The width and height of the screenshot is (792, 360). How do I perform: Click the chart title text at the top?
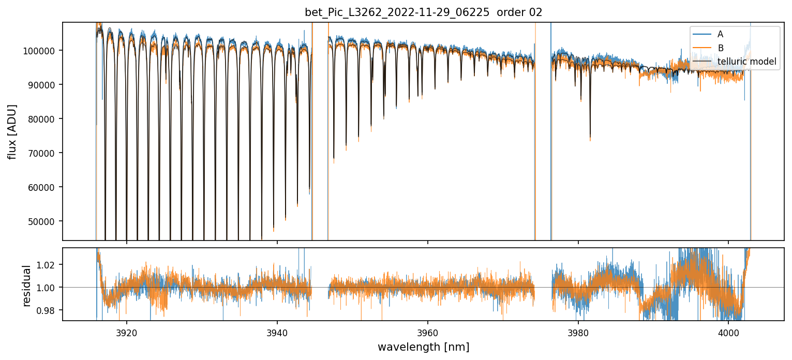(x=423, y=12)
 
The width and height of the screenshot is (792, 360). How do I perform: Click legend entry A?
(x=720, y=35)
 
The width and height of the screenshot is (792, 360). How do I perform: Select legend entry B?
(x=720, y=48)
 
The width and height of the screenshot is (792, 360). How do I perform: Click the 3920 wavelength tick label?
(x=127, y=331)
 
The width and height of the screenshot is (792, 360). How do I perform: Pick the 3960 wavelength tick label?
(x=428, y=331)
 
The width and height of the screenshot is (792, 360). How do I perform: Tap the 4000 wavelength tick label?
(x=728, y=331)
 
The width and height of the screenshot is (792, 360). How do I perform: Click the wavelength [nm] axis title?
(x=423, y=347)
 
